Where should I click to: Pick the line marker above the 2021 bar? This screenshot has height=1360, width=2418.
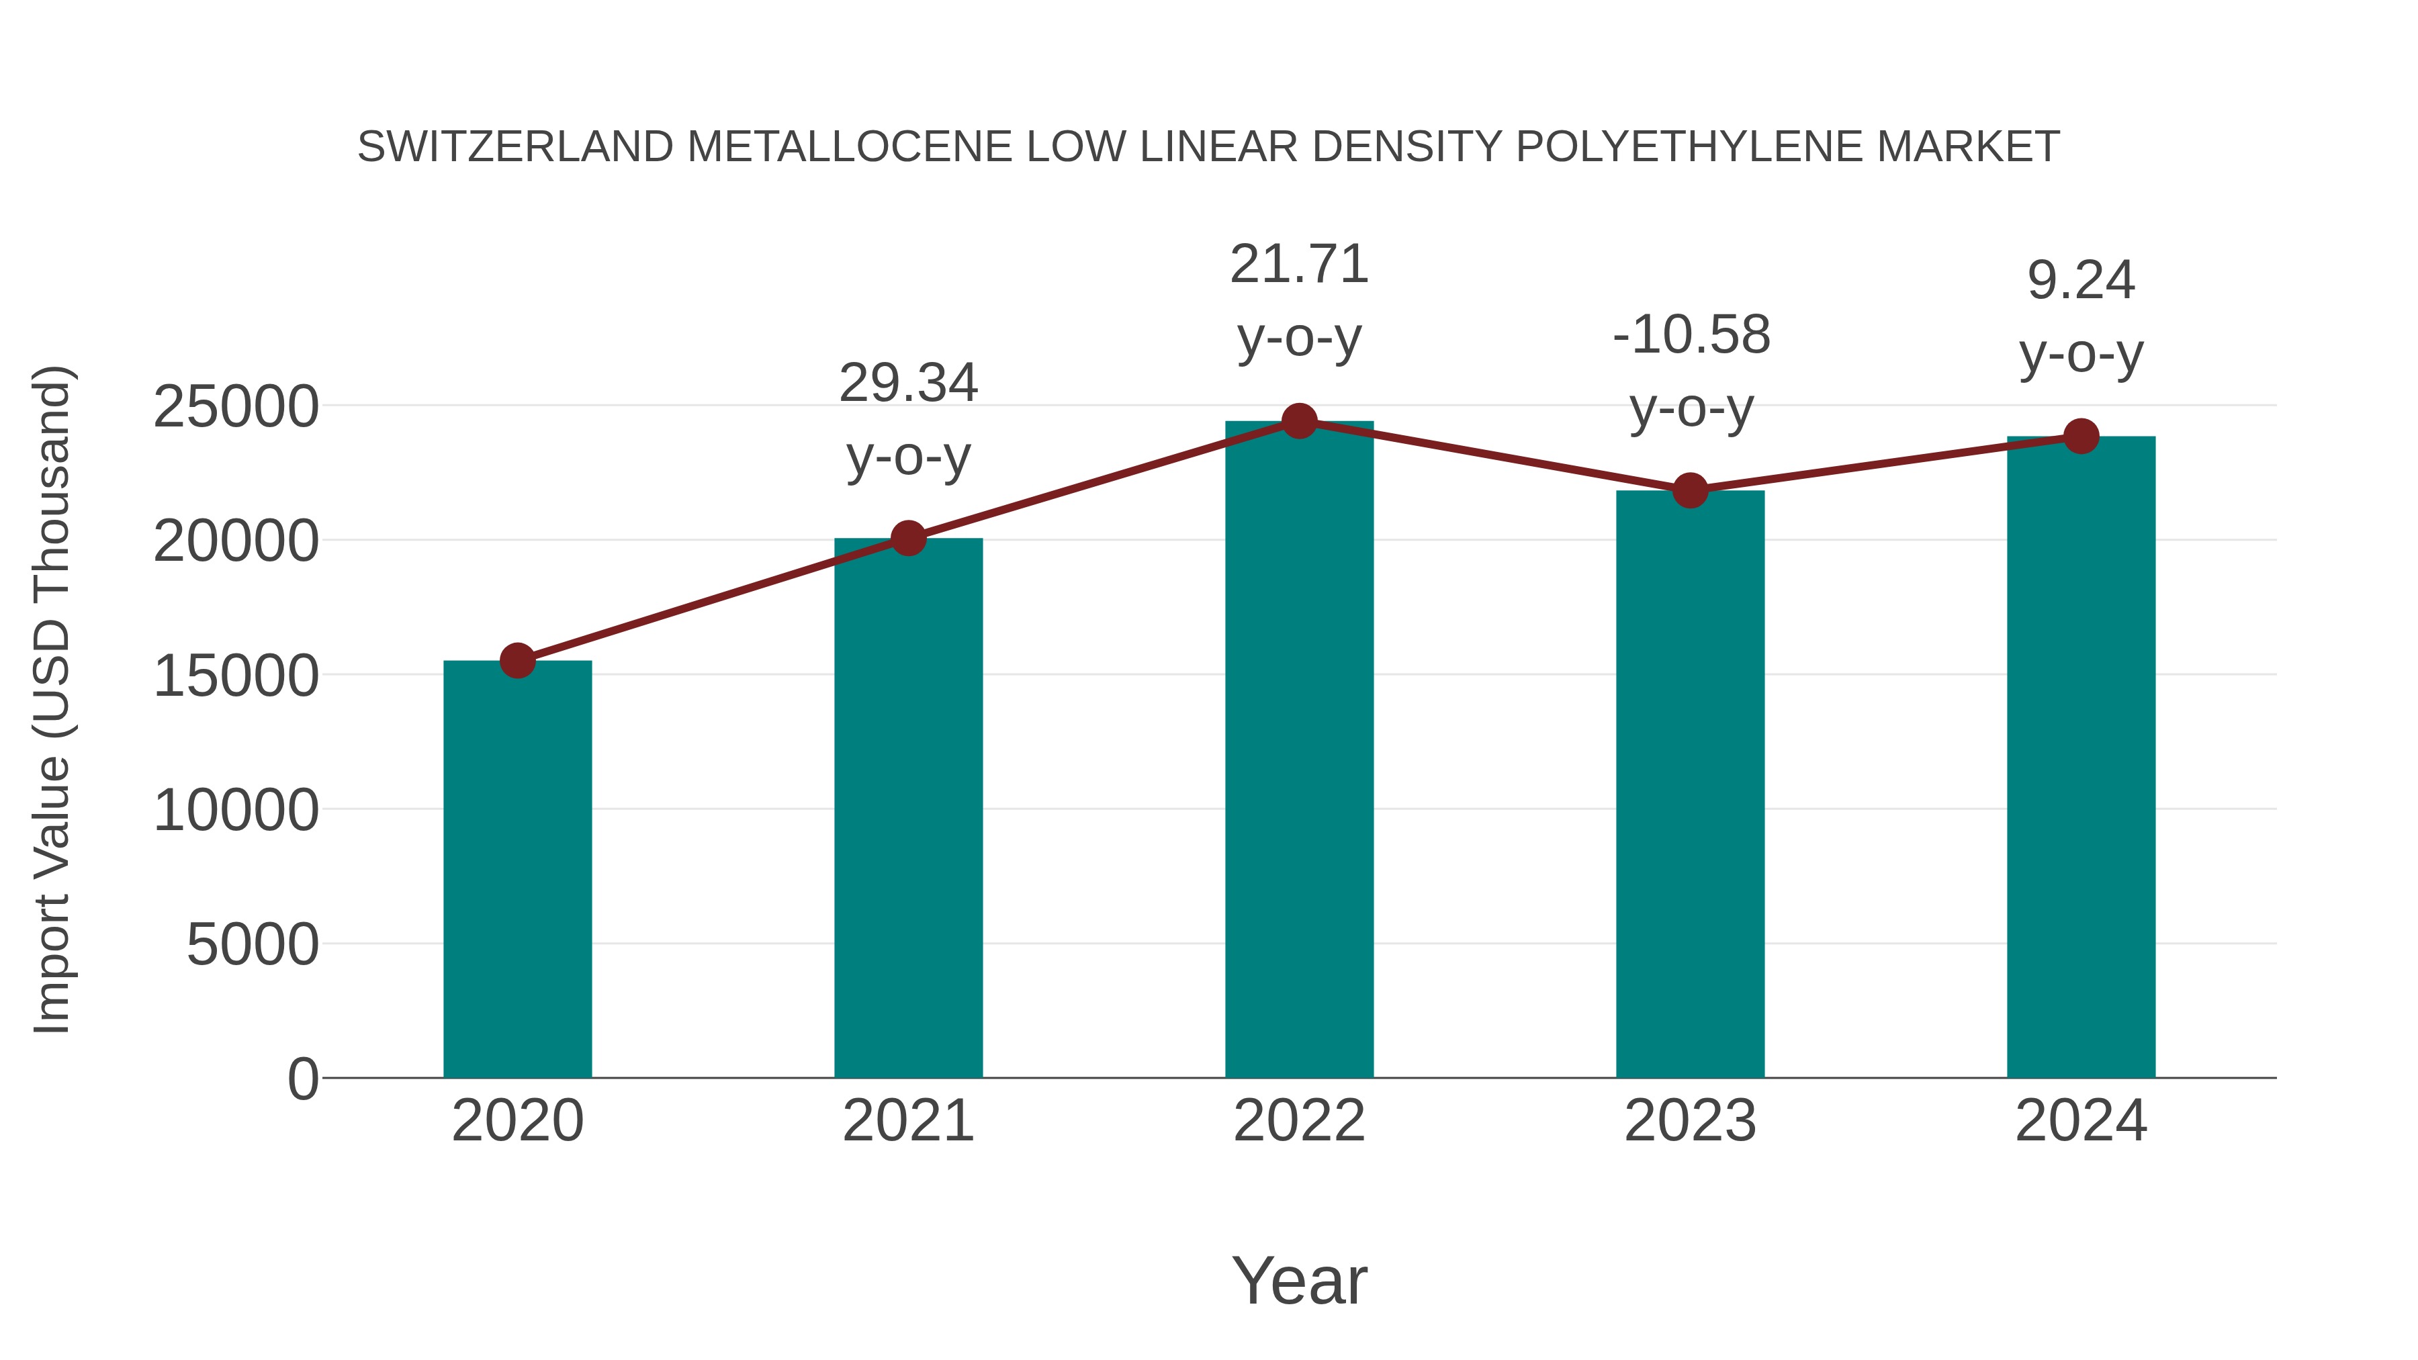coord(907,539)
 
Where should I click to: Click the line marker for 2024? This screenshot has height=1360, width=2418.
coord(2081,437)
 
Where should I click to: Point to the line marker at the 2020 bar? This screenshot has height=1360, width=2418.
coord(517,661)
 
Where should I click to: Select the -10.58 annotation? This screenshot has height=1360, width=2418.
coord(1691,335)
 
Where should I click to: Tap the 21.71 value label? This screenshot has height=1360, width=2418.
coord(1299,265)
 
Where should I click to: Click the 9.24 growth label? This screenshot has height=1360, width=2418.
coord(2081,281)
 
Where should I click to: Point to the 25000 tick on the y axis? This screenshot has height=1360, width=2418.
coord(236,408)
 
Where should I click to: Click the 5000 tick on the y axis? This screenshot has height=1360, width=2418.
coord(252,944)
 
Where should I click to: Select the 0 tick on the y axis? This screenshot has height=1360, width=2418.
coord(302,1079)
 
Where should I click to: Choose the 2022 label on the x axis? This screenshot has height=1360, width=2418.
coord(1299,1121)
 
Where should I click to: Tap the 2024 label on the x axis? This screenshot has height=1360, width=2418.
coord(2081,1121)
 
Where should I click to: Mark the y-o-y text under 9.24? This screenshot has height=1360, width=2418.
coord(2081,354)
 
